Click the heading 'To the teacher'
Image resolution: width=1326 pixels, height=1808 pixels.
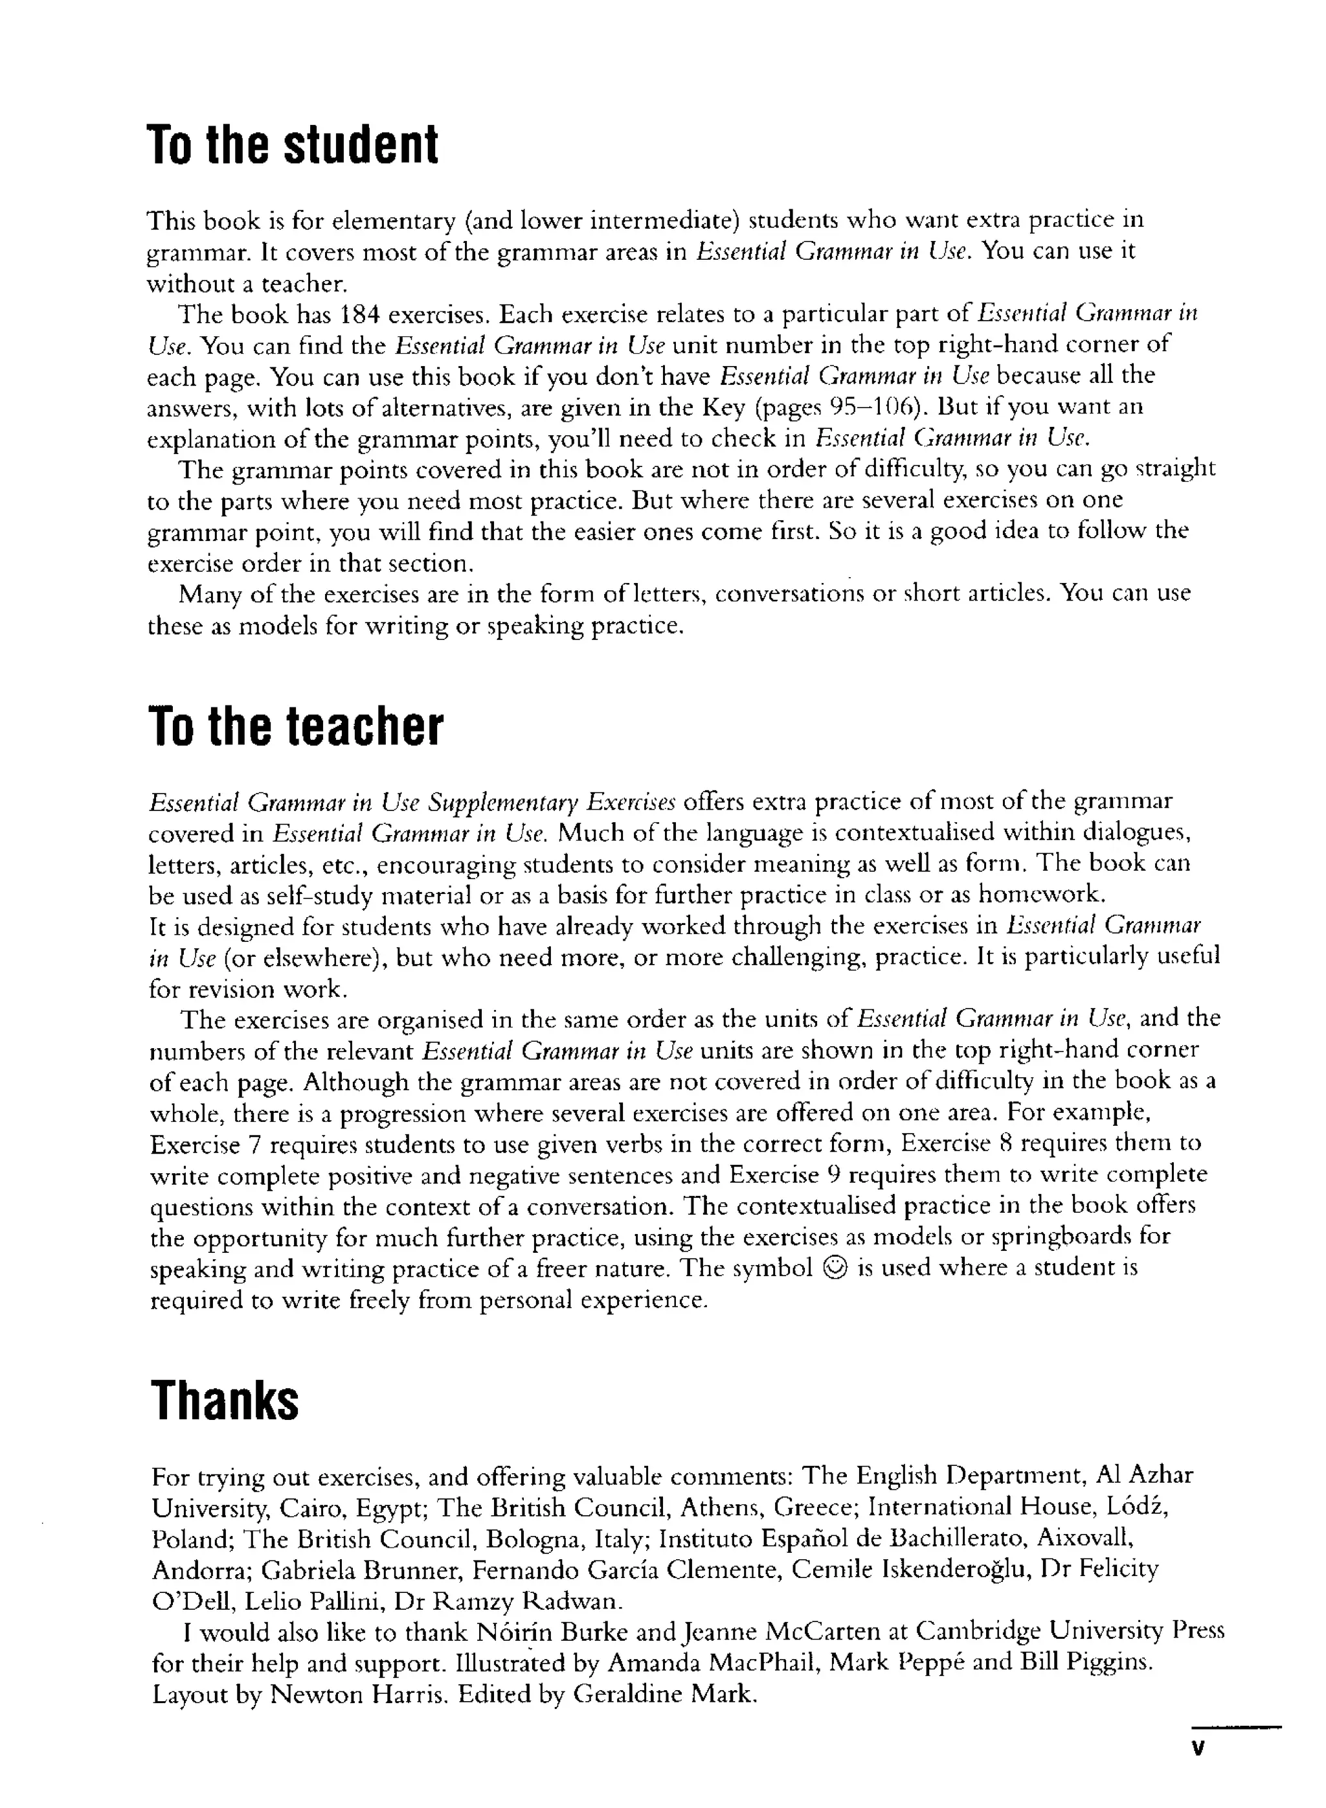tap(295, 727)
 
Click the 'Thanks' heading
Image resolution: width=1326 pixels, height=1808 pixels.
tap(225, 1401)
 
